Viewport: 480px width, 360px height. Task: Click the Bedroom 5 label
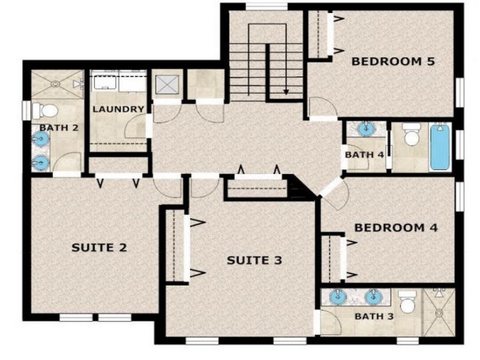tap(393, 61)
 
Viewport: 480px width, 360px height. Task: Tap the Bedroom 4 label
tap(396, 228)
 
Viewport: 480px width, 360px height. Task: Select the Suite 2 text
tap(99, 247)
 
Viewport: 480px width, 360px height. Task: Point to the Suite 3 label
tap(255, 260)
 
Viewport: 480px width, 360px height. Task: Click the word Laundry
tap(119, 109)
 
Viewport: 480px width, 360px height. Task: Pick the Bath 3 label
tap(374, 316)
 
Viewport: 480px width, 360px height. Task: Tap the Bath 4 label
tap(364, 155)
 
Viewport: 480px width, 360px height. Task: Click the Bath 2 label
tap(59, 127)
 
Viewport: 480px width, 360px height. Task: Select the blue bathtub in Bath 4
tap(441, 148)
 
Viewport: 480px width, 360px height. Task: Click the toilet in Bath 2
tap(45, 111)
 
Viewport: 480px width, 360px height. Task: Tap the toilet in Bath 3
tap(407, 302)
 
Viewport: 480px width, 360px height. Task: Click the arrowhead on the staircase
tap(286, 91)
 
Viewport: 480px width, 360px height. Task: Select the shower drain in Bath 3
tap(439, 313)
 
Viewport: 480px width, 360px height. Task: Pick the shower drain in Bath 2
tap(55, 83)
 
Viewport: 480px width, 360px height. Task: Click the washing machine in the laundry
tap(105, 82)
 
